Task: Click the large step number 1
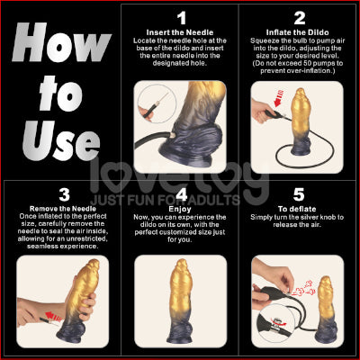182,18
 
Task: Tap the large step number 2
300,18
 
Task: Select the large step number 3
64,194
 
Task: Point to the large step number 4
182,194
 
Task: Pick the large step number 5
299,194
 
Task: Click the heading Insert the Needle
180,32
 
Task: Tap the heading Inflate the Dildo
297,32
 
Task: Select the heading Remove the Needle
63,209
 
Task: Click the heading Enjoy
180,209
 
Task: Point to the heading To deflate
297,209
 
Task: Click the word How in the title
61,42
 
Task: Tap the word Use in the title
61,140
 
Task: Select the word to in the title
61,94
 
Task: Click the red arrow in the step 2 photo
279,98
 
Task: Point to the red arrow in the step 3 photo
53,317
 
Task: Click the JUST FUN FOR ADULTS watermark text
166,200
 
